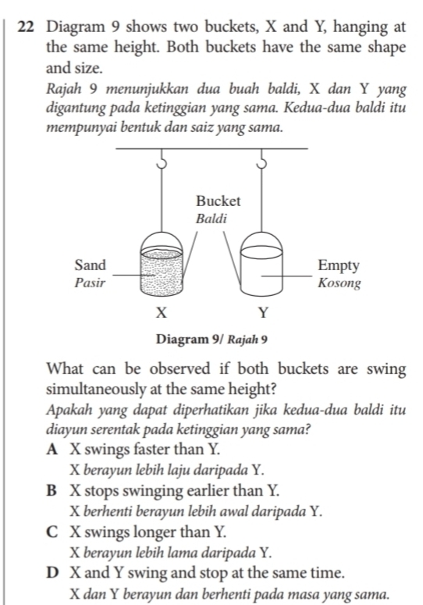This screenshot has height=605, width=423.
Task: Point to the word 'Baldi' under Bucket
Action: click(211, 219)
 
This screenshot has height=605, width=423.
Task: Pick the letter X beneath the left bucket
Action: click(160, 315)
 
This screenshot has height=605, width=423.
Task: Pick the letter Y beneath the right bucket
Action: click(263, 315)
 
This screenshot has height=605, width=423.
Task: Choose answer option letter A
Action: click(52, 450)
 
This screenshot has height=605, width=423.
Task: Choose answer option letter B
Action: click(52, 492)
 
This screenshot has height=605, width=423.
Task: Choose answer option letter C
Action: click(52, 534)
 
